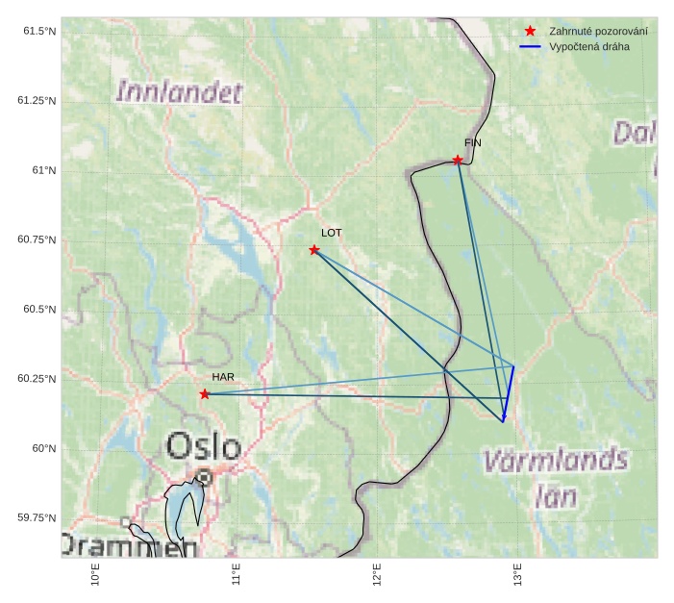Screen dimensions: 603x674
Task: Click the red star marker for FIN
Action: [x=458, y=160]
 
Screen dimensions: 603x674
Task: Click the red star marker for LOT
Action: [x=314, y=250]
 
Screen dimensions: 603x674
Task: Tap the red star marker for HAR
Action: [x=205, y=394]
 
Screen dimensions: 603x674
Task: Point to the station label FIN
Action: [x=473, y=142]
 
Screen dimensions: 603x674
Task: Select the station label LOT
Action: [x=332, y=233]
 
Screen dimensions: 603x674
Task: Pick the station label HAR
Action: [x=224, y=376]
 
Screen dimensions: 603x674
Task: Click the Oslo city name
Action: [x=204, y=446]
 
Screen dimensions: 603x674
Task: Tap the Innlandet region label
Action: [x=179, y=92]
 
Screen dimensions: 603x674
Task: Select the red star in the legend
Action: [x=530, y=32]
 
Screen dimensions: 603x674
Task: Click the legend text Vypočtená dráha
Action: [x=589, y=46]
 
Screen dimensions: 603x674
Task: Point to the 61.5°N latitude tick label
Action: [x=39, y=32]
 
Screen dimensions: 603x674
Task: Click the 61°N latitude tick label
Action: [x=45, y=170]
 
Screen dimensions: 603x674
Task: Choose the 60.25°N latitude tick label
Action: [x=37, y=379]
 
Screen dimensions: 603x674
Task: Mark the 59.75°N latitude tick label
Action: [x=37, y=517]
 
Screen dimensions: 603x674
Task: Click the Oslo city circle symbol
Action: [x=204, y=477]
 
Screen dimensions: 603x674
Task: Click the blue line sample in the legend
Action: [x=530, y=46]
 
